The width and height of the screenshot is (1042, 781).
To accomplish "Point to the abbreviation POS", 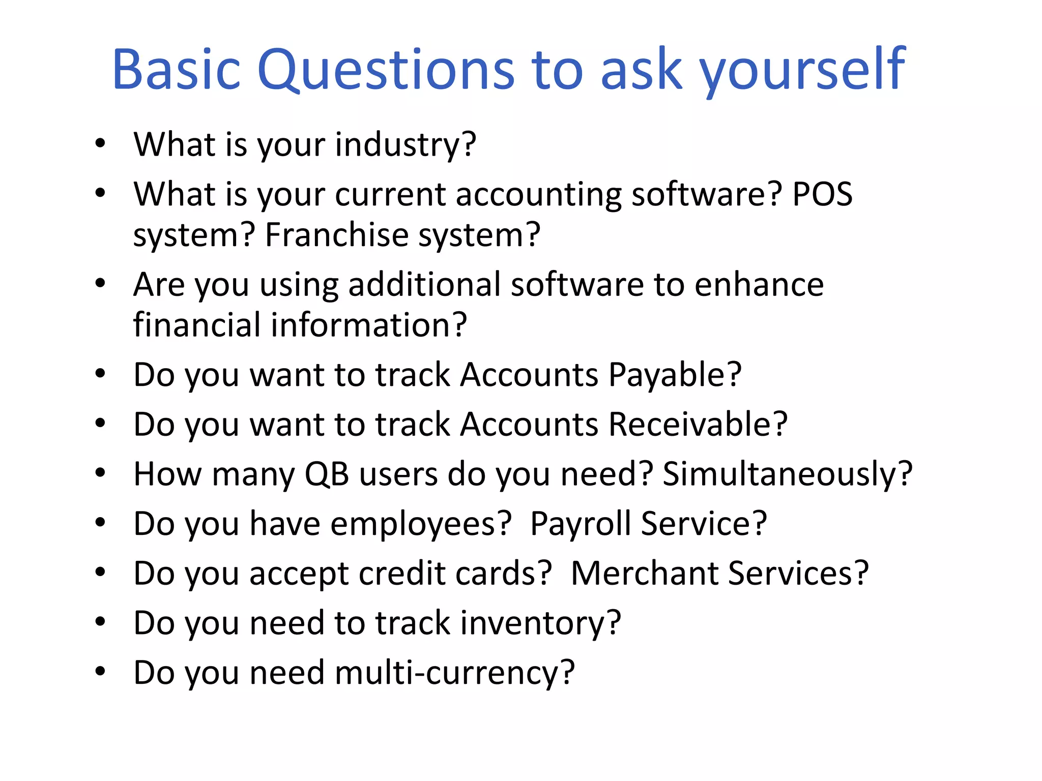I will pos(823,194).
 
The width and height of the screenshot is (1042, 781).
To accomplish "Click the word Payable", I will pos(675,375).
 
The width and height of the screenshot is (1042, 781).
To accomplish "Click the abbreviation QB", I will pos(327,474).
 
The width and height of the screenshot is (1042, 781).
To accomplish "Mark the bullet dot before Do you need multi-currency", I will pos(100,671).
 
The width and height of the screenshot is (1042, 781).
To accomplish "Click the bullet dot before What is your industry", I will pos(100,143).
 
